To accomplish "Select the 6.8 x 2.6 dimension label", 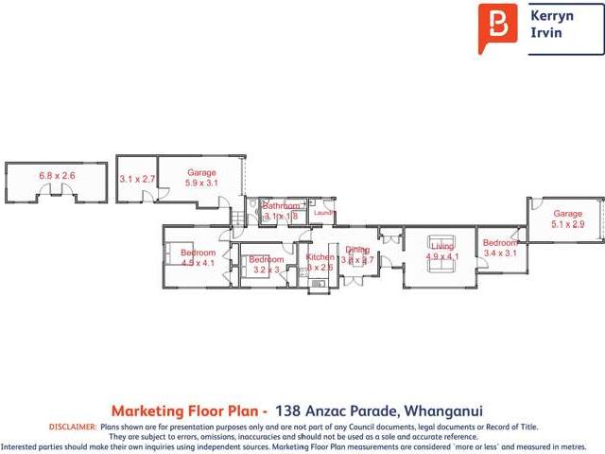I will point(57,176).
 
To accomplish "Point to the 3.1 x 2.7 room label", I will point(136,178).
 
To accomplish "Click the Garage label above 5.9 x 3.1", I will point(201,172).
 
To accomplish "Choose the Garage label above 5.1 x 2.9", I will point(568,214).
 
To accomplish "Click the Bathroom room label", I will point(281,206).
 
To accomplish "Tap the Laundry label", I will point(324,213).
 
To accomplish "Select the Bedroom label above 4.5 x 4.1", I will point(199,253).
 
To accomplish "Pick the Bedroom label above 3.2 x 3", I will point(267,259).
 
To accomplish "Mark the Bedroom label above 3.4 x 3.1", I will point(500,243).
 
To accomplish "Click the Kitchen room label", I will point(320,257).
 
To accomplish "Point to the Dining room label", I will point(357,249).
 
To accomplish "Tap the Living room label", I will point(442,247).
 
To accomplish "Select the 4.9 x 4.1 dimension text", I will point(442,256).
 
